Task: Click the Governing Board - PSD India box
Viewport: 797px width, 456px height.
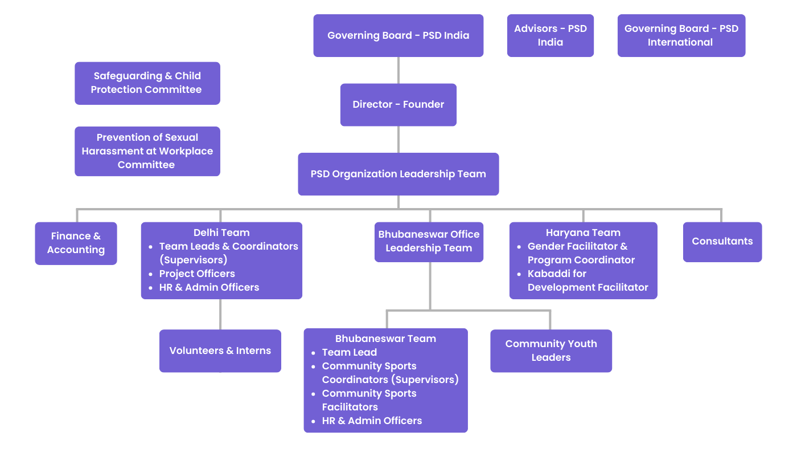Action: [398, 35]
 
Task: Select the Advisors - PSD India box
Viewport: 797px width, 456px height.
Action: [550, 35]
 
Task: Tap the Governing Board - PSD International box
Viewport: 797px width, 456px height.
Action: [681, 35]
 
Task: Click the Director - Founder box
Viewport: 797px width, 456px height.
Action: [398, 104]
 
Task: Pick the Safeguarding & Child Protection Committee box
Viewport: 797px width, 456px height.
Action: [147, 83]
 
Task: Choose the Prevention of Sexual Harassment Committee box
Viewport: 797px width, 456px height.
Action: [147, 151]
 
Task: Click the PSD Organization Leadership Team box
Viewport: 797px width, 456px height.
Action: [398, 174]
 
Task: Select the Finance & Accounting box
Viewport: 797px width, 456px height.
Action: [76, 243]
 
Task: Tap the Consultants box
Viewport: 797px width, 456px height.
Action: [722, 242]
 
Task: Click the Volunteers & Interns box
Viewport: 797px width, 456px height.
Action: [220, 351]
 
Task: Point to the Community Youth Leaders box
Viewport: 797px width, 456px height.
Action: [550, 351]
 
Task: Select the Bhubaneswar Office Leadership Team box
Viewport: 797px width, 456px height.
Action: [429, 241]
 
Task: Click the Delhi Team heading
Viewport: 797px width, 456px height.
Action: [221, 233]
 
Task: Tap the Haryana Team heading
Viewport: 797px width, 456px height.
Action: [583, 233]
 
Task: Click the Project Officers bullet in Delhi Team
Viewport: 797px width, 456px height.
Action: [197, 274]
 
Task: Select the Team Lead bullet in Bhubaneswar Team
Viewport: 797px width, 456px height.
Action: [349, 352]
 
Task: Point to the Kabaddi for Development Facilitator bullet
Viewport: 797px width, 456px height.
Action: [588, 280]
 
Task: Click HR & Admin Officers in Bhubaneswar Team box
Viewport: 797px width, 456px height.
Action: [372, 421]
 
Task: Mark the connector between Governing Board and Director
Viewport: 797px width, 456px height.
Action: [398, 70]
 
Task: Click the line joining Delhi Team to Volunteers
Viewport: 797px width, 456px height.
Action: [220, 314]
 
